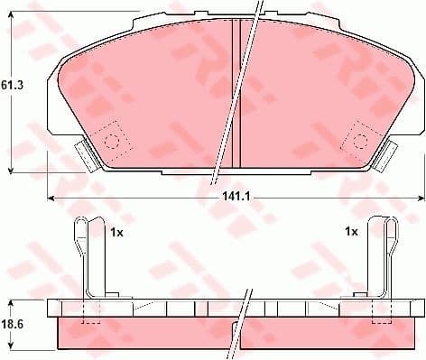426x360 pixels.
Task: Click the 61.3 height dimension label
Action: tap(12, 86)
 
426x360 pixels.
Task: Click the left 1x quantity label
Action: tap(116, 232)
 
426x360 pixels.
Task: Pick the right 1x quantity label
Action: tap(352, 232)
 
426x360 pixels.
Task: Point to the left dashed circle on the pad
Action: tap(113, 140)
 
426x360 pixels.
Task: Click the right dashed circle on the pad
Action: tap(359, 140)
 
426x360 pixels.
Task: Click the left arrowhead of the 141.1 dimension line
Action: tap(51, 196)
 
